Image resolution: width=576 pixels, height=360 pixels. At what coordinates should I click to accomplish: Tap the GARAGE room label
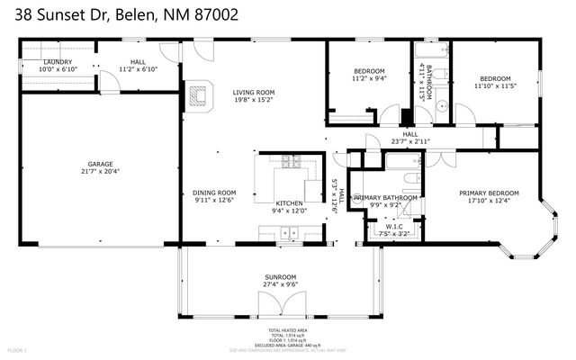(99, 164)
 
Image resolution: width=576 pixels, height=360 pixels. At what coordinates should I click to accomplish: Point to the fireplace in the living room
(200, 94)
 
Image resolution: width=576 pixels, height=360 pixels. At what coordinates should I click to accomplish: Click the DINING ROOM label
(214, 192)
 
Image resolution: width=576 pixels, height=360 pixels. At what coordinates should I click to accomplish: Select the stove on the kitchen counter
(291, 162)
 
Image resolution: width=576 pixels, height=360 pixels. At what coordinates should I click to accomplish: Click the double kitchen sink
(289, 233)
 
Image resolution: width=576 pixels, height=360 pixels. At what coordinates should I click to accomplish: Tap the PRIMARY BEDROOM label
(489, 193)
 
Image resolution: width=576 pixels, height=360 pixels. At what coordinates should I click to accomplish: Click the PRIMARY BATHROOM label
(385, 197)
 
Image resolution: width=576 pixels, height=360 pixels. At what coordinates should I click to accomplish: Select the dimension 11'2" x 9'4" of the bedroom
(369, 78)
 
